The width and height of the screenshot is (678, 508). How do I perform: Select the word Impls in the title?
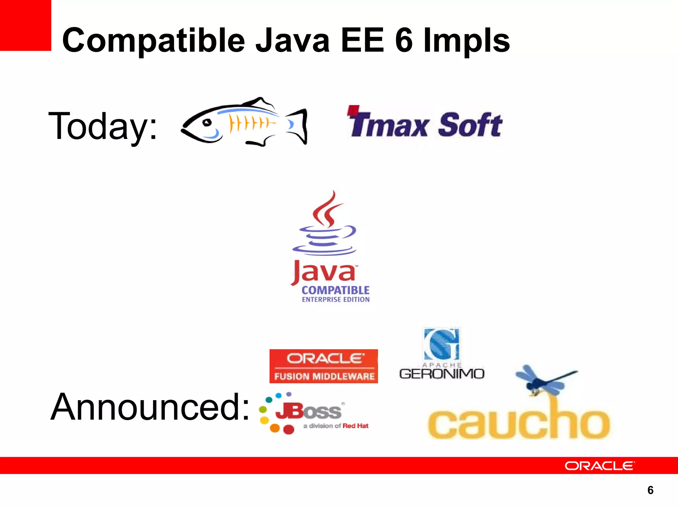(467, 40)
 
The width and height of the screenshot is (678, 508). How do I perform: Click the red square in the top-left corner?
(25, 25)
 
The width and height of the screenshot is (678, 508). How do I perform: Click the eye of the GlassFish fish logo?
(208, 123)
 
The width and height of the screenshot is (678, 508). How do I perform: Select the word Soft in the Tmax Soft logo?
(470, 125)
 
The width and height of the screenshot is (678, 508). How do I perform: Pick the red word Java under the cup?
(323, 272)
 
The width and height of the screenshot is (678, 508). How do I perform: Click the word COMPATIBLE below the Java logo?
(335, 290)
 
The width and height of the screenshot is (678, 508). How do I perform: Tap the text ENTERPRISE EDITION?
(335, 300)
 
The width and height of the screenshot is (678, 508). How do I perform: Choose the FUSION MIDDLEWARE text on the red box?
(324, 376)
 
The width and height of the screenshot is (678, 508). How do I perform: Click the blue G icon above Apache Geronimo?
(442, 344)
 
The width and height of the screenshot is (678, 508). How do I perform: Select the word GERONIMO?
(442, 374)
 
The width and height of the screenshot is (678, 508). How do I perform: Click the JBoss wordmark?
(308, 411)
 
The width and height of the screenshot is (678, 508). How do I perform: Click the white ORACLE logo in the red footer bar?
(600, 466)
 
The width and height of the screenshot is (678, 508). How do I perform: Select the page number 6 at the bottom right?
(650, 490)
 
